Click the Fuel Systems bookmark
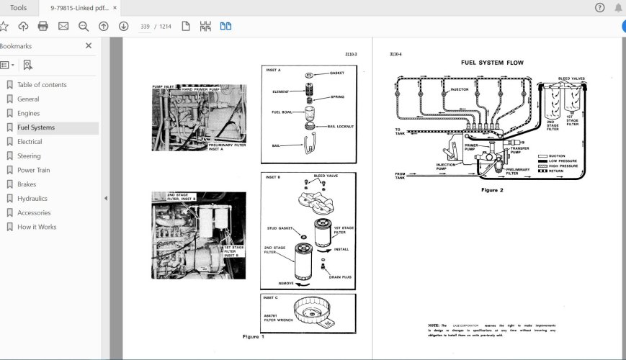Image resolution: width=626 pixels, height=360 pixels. click(x=35, y=127)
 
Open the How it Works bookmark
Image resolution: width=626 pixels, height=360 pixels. click(x=37, y=227)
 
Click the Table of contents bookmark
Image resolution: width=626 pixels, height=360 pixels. click(x=42, y=85)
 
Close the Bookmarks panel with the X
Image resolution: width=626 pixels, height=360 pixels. click(x=89, y=46)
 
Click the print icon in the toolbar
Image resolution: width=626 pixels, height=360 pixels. click(x=43, y=27)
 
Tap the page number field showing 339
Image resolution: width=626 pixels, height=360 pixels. click(x=145, y=27)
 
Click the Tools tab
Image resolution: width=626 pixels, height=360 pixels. click(x=19, y=8)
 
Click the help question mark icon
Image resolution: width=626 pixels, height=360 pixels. click(x=599, y=8)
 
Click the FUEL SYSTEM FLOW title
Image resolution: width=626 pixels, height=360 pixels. click(x=492, y=63)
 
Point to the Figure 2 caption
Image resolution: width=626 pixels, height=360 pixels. click(x=491, y=190)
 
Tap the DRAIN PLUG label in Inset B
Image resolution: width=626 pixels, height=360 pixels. click(x=339, y=276)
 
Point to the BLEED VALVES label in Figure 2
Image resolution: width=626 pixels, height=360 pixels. click(x=571, y=78)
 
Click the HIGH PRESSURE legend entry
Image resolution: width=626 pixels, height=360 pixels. click(x=565, y=166)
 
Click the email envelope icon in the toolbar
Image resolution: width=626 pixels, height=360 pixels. click(x=63, y=27)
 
